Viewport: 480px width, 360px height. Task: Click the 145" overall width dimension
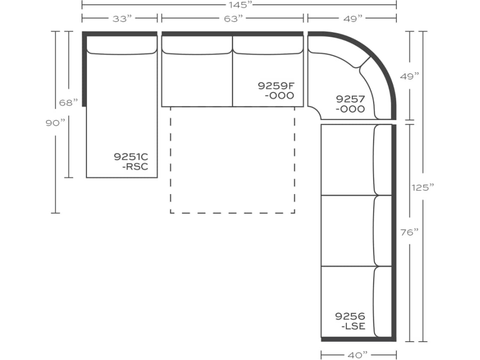(239, 5)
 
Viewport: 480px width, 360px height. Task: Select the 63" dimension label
(233, 19)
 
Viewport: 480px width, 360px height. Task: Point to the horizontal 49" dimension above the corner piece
(352, 19)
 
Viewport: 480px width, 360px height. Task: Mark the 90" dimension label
(55, 123)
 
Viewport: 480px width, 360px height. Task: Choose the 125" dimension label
(423, 187)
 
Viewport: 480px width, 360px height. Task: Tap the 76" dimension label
(410, 232)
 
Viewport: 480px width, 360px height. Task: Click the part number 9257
(350, 99)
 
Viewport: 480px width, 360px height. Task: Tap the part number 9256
(350, 316)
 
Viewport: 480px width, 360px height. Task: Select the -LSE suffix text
(353, 326)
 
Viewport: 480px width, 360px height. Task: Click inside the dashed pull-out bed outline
(232, 159)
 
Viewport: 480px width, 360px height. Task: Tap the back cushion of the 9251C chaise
(121, 44)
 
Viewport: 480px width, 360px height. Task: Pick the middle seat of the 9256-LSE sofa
(347, 230)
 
